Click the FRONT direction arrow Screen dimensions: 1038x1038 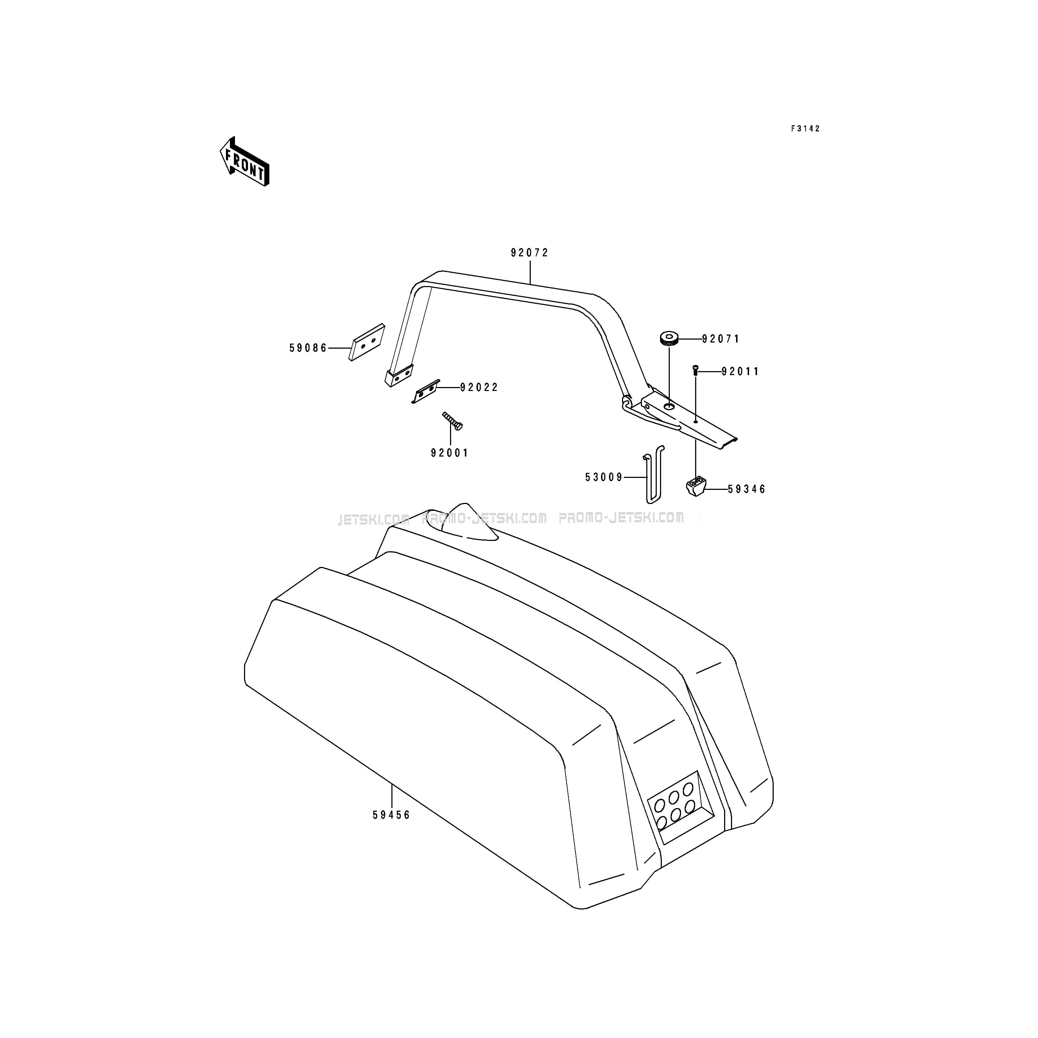[x=244, y=161]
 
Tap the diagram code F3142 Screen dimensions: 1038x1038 [x=805, y=129]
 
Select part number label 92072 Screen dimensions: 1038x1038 [x=530, y=252]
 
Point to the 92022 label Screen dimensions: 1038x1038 [x=479, y=387]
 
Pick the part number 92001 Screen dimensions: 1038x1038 [x=450, y=453]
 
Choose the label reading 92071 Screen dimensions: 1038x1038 [x=721, y=339]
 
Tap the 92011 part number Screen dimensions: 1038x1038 [x=740, y=371]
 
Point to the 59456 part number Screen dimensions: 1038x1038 [x=391, y=815]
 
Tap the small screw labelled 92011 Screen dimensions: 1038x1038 [x=695, y=370]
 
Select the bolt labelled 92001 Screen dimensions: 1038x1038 [x=452, y=421]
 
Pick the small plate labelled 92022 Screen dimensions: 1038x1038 [x=425, y=391]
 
